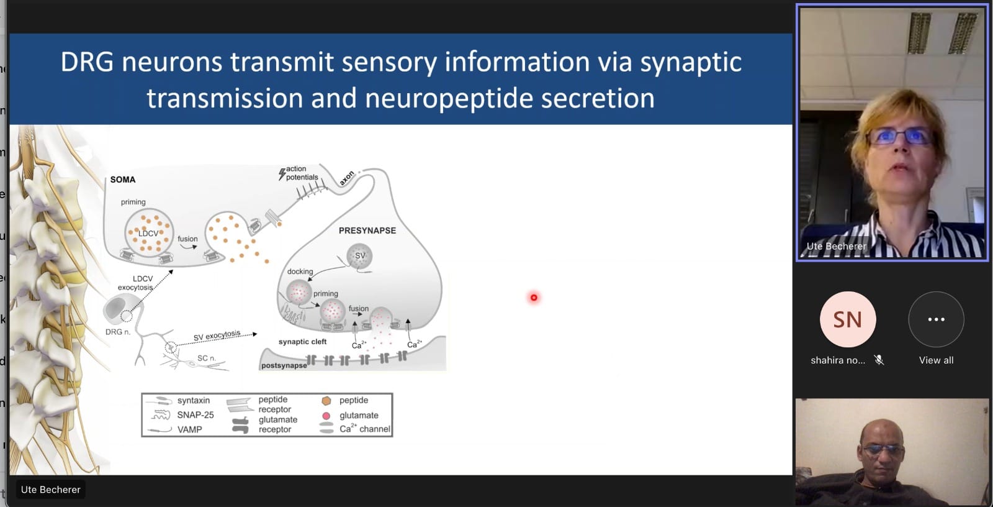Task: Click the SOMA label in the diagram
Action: click(123, 180)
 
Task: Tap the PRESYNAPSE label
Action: click(367, 231)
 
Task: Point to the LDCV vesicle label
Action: click(148, 234)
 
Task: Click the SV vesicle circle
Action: click(360, 255)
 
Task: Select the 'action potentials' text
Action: click(301, 173)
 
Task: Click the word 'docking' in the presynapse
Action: click(300, 272)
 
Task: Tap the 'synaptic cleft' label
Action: click(302, 342)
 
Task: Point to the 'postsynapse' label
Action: click(284, 365)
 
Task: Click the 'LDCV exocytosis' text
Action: click(136, 283)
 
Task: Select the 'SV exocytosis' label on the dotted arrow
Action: click(217, 336)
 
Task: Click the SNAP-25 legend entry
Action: click(195, 415)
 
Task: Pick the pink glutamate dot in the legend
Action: click(326, 416)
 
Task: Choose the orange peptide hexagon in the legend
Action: click(326, 401)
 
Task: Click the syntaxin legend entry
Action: click(193, 401)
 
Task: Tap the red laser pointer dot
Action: click(534, 298)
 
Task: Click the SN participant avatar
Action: click(847, 319)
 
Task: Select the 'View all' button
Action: click(936, 319)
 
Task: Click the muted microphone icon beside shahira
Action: click(879, 360)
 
